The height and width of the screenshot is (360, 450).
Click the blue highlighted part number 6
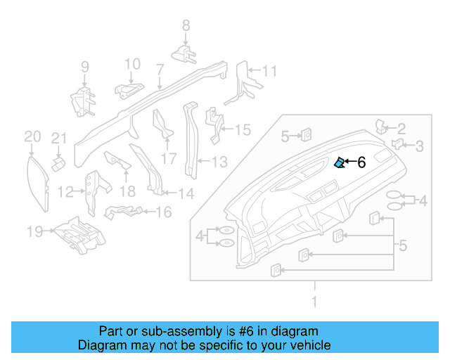pyautogui.click(x=339, y=163)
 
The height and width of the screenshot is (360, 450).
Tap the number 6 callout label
pyautogui.click(x=361, y=163)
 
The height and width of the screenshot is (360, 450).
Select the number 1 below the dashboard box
pyautogui.click(x=314, y=302)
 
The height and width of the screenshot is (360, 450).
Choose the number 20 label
pyautogui.click(x=32, y=136)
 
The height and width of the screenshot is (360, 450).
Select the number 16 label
pyautogui.click(x=163, y=212)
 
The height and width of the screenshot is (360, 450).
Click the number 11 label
pyautogui.click(x=269, y=71)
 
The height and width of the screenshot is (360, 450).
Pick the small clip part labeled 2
pyautogui.click(x=381, y=127)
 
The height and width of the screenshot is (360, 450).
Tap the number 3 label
pyautogui.click(x=418, y=146)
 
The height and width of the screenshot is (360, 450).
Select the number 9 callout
pyautogui.click(x=84, y=67)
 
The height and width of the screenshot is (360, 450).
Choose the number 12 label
pyautogui.click(x=65, y=191)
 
